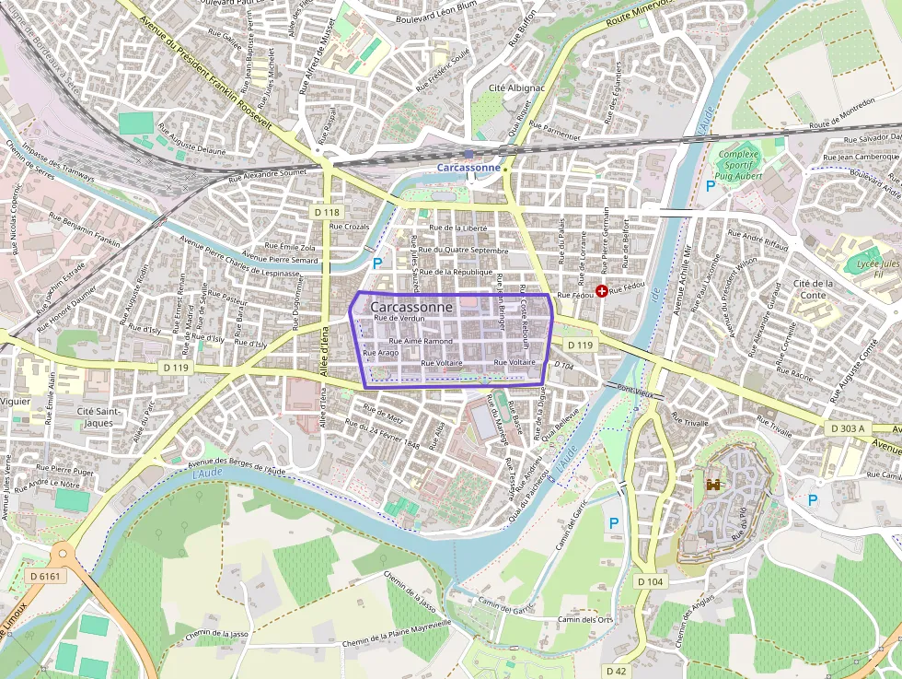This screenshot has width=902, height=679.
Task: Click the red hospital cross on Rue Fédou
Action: coord(602,291)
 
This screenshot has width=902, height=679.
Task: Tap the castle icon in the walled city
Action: coord(712,484)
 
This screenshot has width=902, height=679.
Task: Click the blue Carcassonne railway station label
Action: coord(468,168)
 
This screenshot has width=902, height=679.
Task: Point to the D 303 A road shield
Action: coord(847,428)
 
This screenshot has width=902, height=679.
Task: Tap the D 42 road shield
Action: coord(616,671)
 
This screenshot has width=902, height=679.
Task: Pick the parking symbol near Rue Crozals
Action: coord(377,263)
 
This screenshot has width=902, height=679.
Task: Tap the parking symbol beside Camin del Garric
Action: coord(614,523)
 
